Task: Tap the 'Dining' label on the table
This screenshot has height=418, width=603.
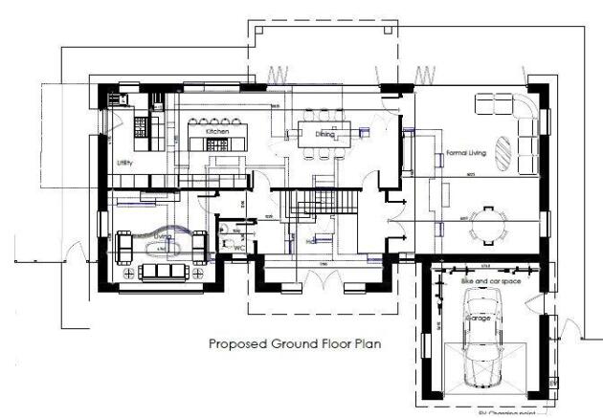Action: pyautogui.click(x=325, y=136)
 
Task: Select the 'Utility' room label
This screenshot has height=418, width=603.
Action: pyautogui.click(x=125, y=164)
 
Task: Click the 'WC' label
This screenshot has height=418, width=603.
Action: pyautogui.click(x=239, y=247)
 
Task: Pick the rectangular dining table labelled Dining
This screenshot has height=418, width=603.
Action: pyautogui.click(x=325, y=134)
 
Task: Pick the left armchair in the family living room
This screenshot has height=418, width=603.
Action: pyautogui.click(x=124, y=246)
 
